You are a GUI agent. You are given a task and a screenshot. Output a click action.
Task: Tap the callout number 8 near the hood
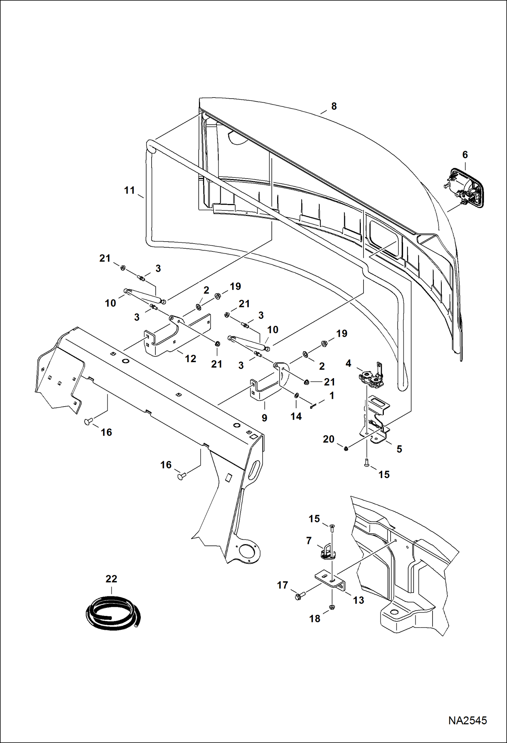(334, 106)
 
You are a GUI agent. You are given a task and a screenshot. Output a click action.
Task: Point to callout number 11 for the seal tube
(130, 190)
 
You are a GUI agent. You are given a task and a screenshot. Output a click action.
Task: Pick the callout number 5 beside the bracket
(399, 449)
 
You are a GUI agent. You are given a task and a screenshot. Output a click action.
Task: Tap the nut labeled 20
(346, 449)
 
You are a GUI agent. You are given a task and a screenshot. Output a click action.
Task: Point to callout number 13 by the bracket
(358, 600)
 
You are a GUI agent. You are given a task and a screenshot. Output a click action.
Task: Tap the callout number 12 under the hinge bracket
(191, 359)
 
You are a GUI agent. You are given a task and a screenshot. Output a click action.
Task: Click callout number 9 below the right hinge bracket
(264, 418)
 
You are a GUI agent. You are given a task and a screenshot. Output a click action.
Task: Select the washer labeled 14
(296, 395)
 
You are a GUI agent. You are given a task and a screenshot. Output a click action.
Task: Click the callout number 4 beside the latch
(348, 364)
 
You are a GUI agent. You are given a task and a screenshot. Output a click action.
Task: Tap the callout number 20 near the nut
(329, 439)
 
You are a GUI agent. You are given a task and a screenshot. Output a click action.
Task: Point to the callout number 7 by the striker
(309, 541)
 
